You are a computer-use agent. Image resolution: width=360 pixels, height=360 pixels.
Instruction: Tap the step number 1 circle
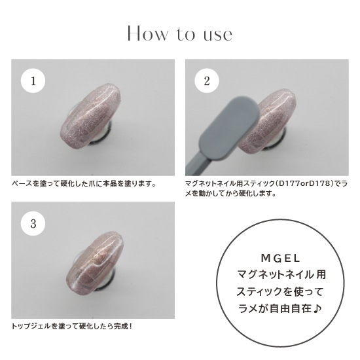point(33,81)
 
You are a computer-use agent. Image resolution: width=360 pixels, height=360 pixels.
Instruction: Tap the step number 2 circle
point(207,81)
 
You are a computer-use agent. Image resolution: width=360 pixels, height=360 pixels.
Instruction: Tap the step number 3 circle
point(33,223)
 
